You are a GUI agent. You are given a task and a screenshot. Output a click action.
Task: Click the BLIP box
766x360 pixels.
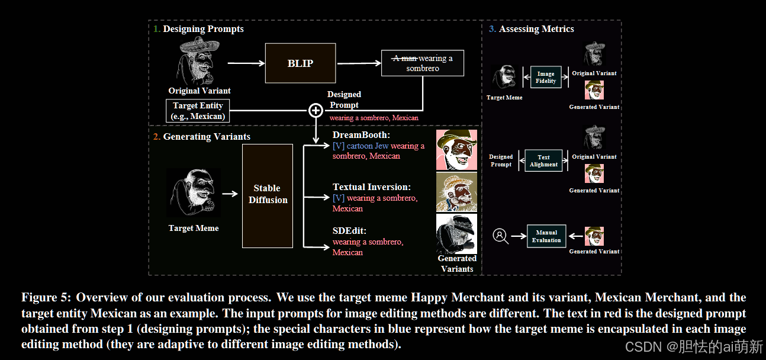coord(300,63)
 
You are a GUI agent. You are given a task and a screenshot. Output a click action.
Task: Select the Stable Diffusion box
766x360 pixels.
coord(268,195)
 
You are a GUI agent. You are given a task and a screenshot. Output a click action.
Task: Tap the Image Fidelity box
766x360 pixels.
coord(545,78)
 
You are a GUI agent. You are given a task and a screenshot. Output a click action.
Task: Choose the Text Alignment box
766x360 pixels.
coord(543,161)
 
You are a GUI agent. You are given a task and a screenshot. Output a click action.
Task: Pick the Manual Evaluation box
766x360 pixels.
coord(546,236)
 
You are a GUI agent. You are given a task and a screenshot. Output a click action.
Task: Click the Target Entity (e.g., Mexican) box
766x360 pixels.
coord(198,111)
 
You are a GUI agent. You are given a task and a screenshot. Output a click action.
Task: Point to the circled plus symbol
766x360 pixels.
coord(316,110)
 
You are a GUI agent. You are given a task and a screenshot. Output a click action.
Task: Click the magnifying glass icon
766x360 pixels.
coord(501,236)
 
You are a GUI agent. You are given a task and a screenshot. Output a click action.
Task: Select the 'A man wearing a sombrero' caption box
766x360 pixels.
coord(422,63)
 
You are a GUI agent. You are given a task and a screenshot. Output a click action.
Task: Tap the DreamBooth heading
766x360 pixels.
coord(361,135)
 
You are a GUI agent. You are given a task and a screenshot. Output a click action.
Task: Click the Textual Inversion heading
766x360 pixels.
coord(371,187)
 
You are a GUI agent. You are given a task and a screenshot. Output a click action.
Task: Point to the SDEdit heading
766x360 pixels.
coord(349,231)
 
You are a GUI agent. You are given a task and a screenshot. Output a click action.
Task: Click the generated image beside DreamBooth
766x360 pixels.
coord(456,149)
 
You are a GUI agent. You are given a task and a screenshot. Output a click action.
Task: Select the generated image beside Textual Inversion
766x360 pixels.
coord(456,192)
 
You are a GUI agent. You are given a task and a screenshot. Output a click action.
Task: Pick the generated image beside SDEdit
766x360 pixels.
coord(456,233)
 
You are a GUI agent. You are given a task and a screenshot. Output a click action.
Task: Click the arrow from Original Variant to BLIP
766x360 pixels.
coord(243,63)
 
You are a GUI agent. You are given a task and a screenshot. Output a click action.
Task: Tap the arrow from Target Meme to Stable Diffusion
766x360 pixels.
coord(230,193)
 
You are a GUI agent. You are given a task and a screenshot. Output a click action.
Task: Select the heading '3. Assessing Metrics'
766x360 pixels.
coord(531,28)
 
